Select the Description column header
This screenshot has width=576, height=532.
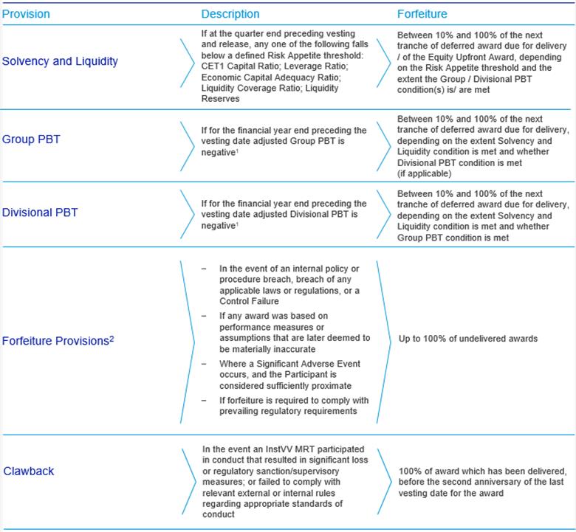click(230, 14)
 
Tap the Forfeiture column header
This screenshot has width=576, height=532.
click(422, 14)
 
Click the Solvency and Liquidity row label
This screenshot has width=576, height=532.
click(59, 61)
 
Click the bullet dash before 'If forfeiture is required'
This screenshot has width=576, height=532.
click(205, 400)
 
